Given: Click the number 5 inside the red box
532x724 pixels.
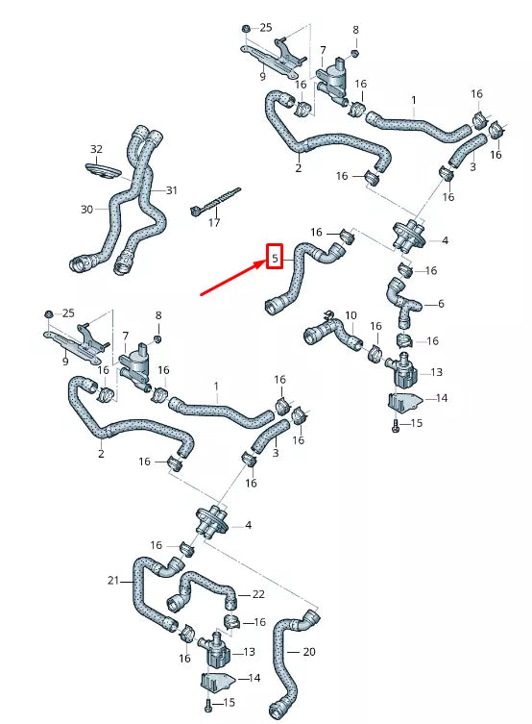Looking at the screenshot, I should click(275, 259).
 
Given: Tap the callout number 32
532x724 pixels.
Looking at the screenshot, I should click(96, 149).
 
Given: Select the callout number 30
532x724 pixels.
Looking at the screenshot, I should click(86, 209).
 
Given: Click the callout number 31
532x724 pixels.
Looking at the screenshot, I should click(171, 190).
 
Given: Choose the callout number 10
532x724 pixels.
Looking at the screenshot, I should click(351, 315).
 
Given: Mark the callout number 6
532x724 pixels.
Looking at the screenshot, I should click(441, 304).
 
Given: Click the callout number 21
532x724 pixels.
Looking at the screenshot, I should click(112, 580).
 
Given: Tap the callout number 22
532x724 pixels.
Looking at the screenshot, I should click(258, 594).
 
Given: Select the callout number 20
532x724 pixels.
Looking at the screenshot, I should click(308, 652).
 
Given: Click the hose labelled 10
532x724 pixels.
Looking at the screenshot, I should click(331, 336).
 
